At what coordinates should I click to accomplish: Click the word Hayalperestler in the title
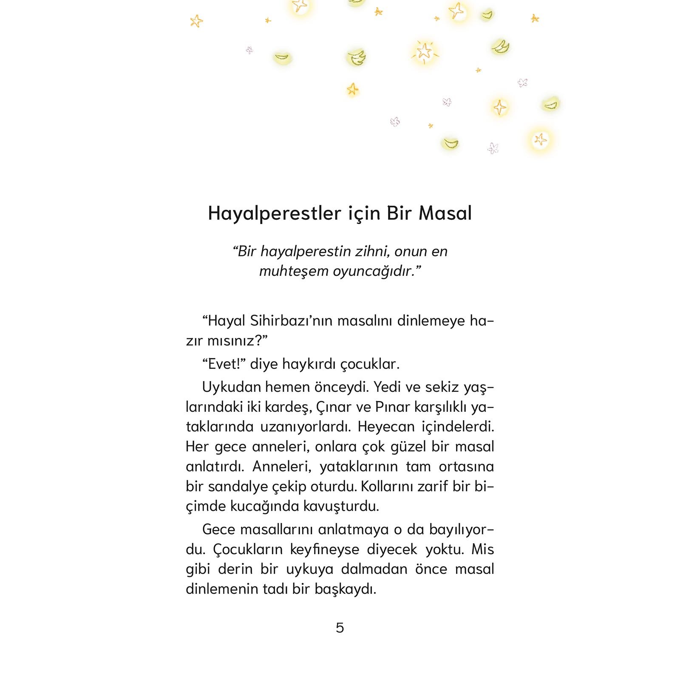274,213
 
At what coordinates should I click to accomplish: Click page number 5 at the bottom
340,628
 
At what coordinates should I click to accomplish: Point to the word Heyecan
386,427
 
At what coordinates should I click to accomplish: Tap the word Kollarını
387,487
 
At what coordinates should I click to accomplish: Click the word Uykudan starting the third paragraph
232,387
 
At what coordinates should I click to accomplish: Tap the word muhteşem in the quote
294,271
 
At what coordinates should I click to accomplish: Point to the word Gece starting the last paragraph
218,530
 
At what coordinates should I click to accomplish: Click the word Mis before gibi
482,550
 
